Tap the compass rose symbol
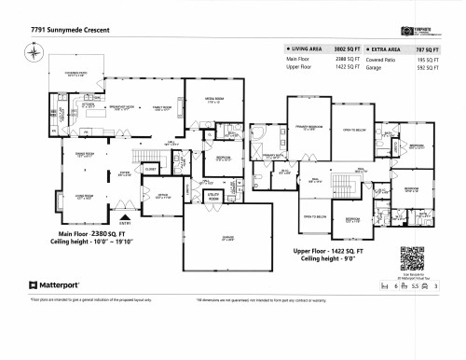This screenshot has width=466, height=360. click(x=34, y=52)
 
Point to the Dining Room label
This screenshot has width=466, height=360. click(x=83, y=156)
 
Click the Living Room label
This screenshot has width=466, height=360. click(x=83, y=197)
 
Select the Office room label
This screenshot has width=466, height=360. click(x=136, y=197)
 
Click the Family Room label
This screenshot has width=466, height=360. click(x=166, y=109)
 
